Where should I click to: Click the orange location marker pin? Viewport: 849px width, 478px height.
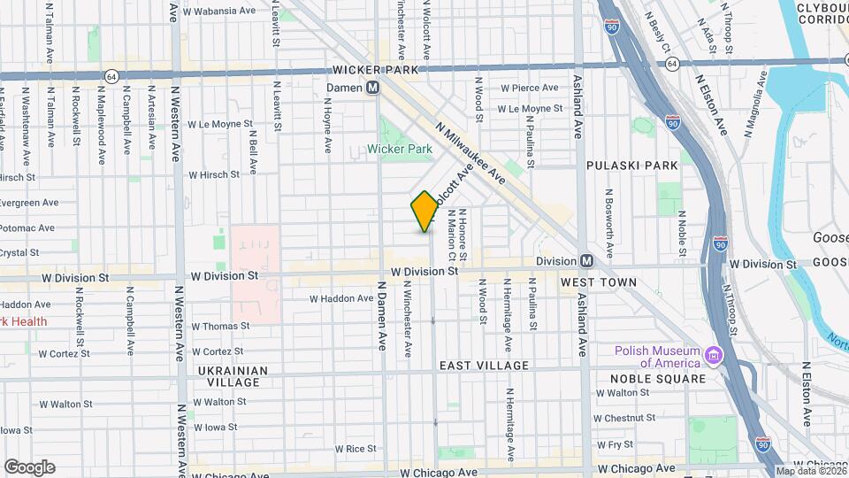tap(424, 211)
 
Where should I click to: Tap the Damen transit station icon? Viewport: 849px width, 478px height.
tap(373, 88)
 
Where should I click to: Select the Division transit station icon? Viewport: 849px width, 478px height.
tap(586, 261)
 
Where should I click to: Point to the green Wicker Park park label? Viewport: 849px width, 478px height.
tap(400, 149)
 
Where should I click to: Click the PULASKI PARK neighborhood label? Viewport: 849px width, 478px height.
tap(631, 165)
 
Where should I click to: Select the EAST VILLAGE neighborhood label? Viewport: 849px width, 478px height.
tap(484, 365)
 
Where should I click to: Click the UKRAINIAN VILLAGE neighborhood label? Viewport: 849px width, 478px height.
tap(217, 376)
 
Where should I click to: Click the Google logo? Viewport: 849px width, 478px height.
tap(29, 466)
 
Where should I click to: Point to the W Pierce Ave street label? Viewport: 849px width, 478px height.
tap(530, 88)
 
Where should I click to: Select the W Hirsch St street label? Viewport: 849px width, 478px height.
tap(214, 175)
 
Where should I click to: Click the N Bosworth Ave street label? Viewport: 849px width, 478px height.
tap(608, 217)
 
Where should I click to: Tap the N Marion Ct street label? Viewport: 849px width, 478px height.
tap(452, 228)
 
